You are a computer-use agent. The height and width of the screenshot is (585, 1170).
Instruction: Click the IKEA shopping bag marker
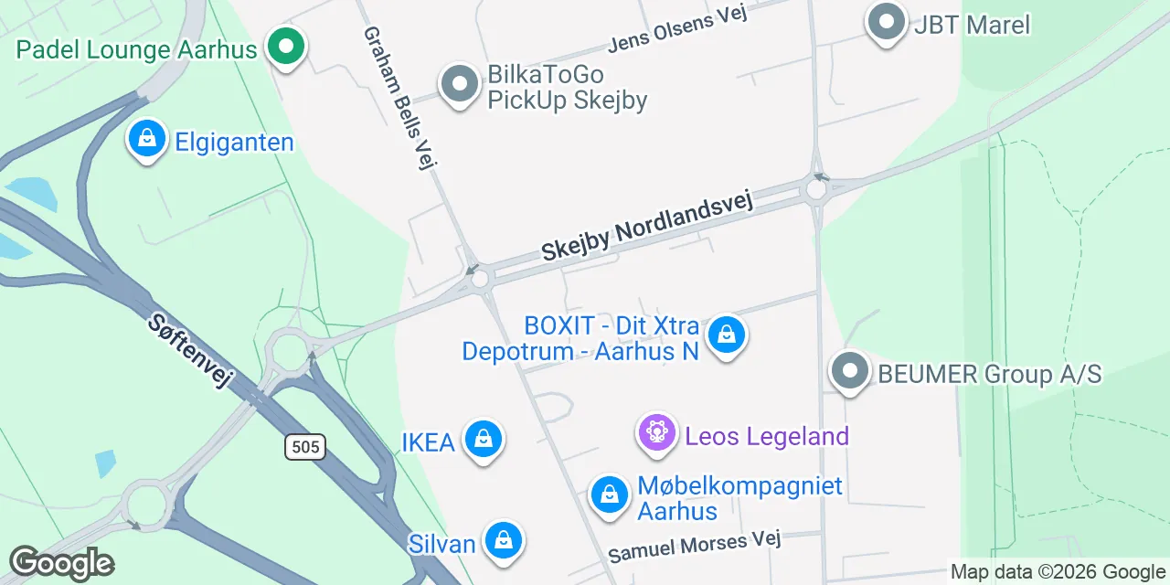(483, 441)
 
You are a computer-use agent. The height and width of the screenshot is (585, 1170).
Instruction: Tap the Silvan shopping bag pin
(503, 541)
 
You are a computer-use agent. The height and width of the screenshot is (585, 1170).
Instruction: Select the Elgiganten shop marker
(146, 139)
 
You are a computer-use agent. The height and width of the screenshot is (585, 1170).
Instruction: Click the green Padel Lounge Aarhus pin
(286, 46)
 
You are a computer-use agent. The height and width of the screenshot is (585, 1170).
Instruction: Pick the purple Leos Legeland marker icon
(657, 432)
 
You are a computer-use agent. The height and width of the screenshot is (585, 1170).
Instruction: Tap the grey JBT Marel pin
(885, 23)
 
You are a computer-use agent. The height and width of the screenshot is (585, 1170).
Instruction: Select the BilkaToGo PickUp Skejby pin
(459, 85)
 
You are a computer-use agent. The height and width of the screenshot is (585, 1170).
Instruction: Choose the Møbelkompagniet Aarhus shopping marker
(609, 495)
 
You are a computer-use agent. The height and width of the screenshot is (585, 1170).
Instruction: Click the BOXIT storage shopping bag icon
(726, 335)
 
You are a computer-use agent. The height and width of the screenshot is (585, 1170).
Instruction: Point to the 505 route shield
(304, 447)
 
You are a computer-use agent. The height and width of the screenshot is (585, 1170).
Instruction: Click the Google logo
(62, 564)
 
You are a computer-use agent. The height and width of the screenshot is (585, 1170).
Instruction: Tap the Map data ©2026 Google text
(1057, 572)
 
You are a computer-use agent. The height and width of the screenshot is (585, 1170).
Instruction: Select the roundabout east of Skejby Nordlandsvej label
(815, 189)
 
